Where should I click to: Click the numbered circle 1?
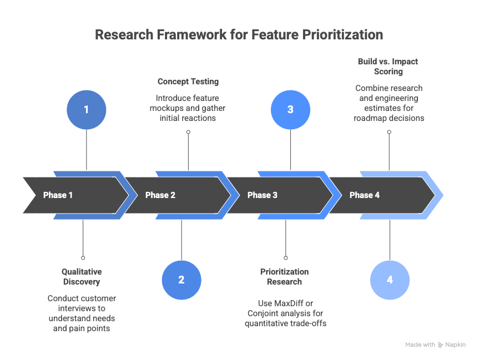[86, 110]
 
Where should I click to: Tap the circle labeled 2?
[181, 280]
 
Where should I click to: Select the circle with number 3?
[290, 110]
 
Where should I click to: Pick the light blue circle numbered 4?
[390, 280]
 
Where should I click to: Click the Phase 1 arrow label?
[58, 195]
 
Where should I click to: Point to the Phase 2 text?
[160, 195]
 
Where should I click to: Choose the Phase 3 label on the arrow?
[262, 195]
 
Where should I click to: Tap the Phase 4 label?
[364, 195]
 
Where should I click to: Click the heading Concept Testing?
[188, 82]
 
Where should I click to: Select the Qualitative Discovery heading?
[82, 277]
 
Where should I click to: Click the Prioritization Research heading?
[284, 277]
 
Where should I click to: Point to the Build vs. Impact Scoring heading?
[388, 67]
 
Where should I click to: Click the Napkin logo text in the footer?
[456, 344]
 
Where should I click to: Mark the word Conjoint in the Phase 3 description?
[264, 313]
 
